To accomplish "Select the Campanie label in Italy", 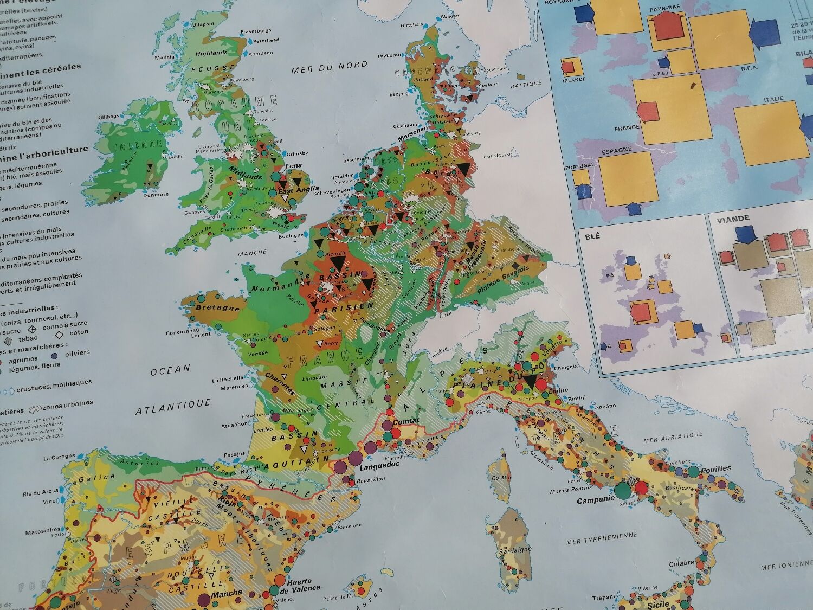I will pos(595,500).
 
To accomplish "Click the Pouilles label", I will pos(715,468).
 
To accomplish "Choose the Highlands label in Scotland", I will pos(211,53).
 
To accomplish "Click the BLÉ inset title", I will pos(592,236).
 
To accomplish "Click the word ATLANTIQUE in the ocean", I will pos(173,403).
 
